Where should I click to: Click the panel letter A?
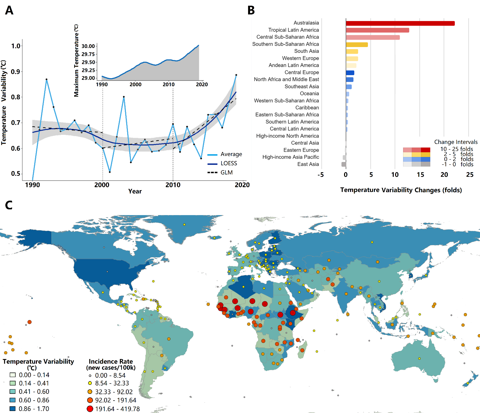(x=9, y=10)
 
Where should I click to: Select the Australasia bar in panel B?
(x=400, y=23)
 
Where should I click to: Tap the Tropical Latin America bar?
(x=377, y=30)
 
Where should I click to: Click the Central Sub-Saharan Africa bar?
(x=373, y=37)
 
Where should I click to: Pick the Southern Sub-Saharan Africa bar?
(x=357, y=44)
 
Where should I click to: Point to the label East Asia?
(x=308, y=164)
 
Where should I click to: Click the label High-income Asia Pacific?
(x=291, y=157)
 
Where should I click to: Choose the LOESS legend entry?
(x=229, y=163)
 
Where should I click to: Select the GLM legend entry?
(x=227, y=172)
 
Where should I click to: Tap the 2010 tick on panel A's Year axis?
(x=173, y=185)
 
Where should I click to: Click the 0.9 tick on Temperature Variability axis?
(x=15, y=71)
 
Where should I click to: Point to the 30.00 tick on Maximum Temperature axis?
(x=88, y=46)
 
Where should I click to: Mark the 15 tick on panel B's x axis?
(x=420, y=174)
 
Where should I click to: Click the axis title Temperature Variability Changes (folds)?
(x=401, y=190)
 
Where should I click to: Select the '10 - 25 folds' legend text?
(x=457, y=149)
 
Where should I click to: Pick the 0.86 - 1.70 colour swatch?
(x=12, y=409)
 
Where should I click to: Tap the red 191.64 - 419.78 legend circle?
(x=90, y=409)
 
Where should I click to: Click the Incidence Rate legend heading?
(x=111, y=361)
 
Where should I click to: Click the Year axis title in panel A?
(x=135, y=191)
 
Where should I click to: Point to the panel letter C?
(x=9, y=205)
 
